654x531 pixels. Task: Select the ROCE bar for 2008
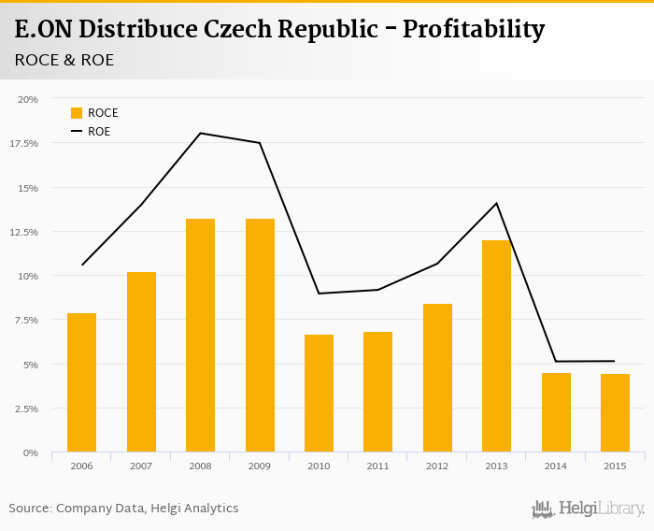[x=200, y=336]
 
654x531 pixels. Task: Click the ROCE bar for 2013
[x=496, y=346]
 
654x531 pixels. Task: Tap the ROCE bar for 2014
[x=556, y=412]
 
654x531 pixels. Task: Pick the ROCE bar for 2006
[x=81, y=382]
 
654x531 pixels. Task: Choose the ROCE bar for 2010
[x=319, y=394]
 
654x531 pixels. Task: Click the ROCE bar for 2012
[x=437, y=378]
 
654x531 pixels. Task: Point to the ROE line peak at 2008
[x=200, y=133]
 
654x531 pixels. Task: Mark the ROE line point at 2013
[x=496, y=203]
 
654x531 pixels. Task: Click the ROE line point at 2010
[x=319, y=294]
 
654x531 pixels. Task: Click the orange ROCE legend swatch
[x=77, y=113]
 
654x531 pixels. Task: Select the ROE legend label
[x=99, y=132]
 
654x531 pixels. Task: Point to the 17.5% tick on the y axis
[x=25, y=143]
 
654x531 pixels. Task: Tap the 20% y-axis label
[x=28, y=99]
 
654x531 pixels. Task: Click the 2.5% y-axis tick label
[x=25, y=409]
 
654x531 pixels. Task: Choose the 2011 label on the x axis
[x=377, y=465]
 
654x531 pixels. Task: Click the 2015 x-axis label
[x=615, y=465]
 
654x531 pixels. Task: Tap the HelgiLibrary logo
[x=589, y=509]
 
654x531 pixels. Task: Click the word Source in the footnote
[x=29, y=508]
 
